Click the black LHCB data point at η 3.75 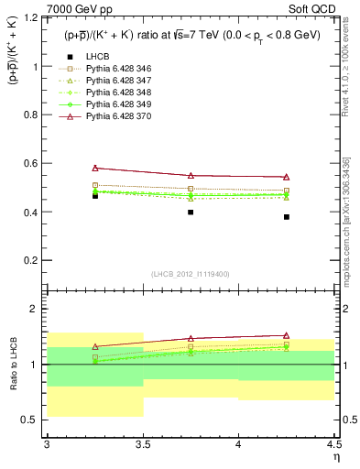pos(191,213)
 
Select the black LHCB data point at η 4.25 pos(287,217)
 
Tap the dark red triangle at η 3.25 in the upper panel pos(94,168)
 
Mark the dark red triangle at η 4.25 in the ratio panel pos(287,335)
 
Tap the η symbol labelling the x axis pos(335,456)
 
